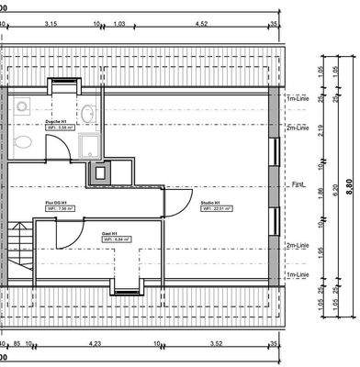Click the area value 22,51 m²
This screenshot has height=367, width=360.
(x=218, y=208)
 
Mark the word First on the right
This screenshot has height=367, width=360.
(x=297, y=184)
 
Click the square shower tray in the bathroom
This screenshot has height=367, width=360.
(x=90, y=146)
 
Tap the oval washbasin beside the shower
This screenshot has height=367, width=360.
(x=88, y=113)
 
